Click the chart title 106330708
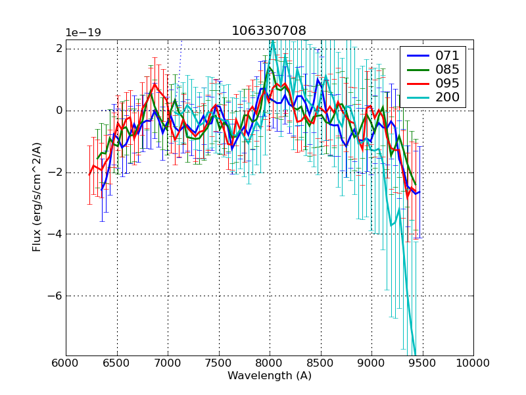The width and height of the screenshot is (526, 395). pos(269,31)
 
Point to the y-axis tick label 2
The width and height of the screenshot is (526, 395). pos(59,49)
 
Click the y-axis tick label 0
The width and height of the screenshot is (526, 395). pos(59,111)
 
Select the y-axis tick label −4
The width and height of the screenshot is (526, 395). pos(55,234)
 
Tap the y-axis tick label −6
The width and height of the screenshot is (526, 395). pos(55,296)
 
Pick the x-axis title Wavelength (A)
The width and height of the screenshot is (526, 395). pos(270,376)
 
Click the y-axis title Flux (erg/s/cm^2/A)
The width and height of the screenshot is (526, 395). pos(37,197)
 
